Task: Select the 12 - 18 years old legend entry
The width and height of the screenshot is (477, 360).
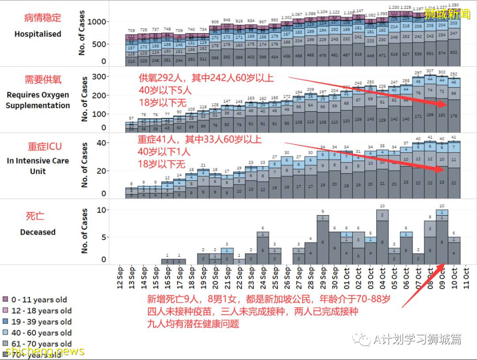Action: (x=38, y=311)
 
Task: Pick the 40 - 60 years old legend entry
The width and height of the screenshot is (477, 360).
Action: (x=38, y=333)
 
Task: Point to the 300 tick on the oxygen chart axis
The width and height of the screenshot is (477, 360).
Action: (x=101, y=77)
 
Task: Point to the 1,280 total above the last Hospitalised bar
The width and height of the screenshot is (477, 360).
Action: (x=454, y=5)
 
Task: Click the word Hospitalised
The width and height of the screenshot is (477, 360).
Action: (x=38, y=34)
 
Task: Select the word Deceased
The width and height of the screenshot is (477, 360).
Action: (x=38, y=232)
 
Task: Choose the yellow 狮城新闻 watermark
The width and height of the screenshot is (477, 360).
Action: (x=447, y=14)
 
